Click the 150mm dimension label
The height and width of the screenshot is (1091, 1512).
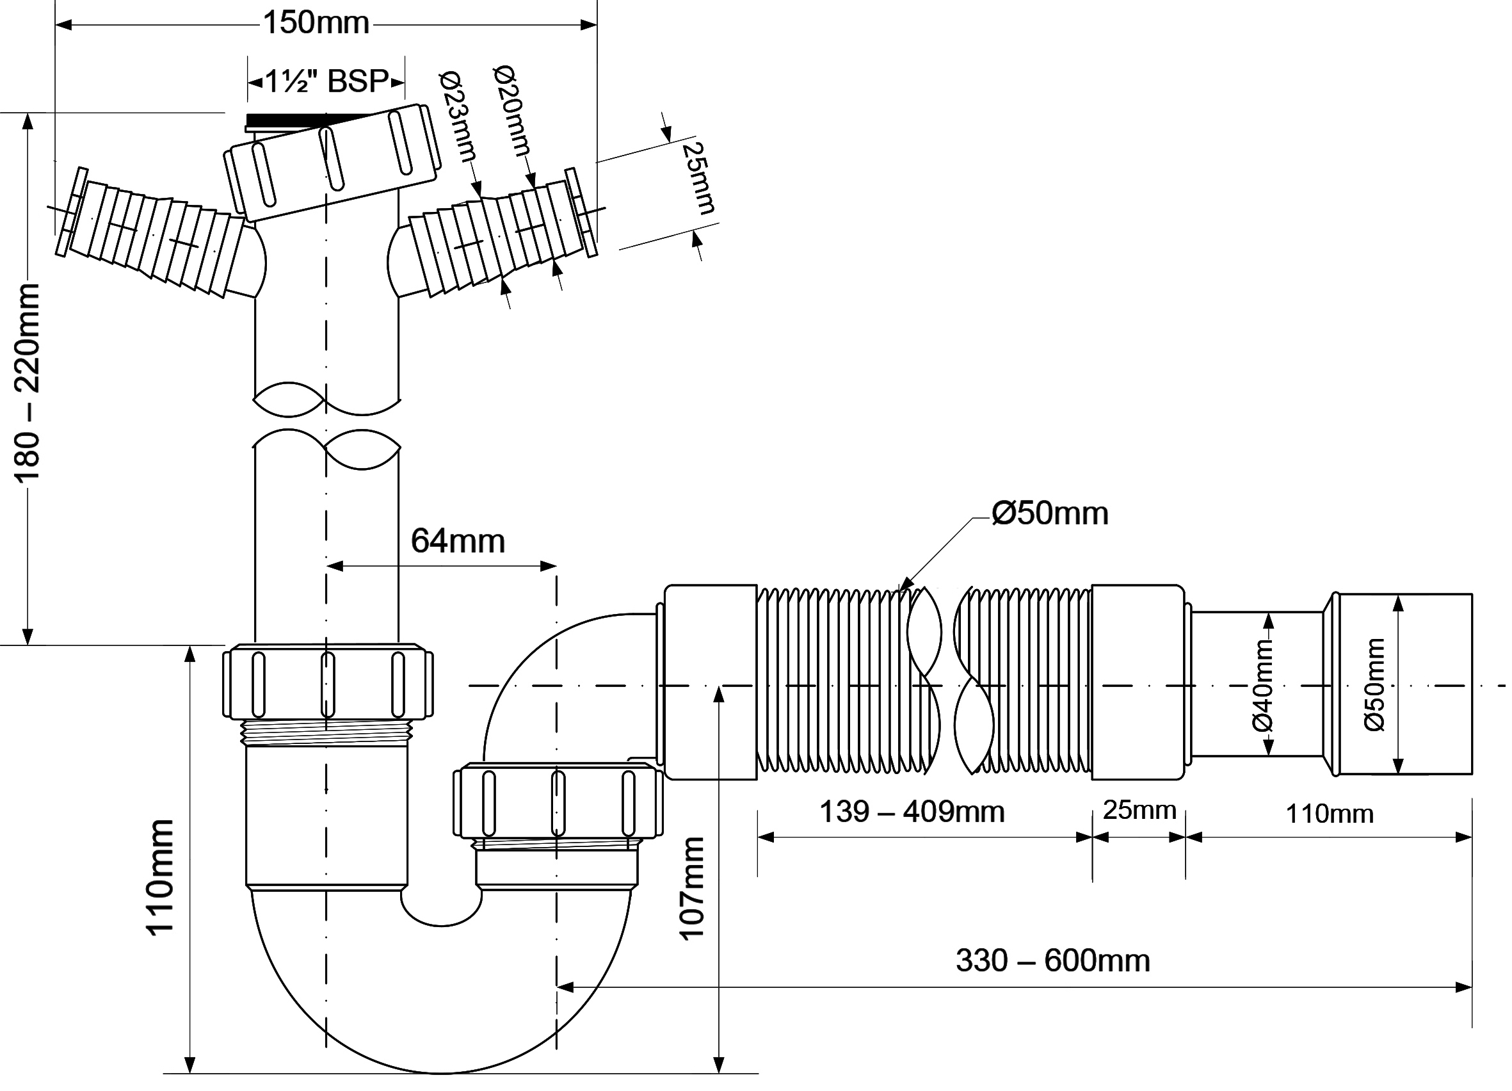316,24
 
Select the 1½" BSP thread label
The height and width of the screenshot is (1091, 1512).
326,82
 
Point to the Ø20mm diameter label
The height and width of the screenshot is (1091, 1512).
513,110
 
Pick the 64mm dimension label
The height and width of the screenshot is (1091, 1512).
457,541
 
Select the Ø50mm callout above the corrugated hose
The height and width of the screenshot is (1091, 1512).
1049,513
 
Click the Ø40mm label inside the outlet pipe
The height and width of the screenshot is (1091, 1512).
1262,685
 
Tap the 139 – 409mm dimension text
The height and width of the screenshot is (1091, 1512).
911,812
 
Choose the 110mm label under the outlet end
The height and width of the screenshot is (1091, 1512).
1330,814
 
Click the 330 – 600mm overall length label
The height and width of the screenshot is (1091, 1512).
1052,961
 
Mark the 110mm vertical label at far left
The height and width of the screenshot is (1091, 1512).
161,878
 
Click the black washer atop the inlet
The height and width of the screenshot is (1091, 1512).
293,121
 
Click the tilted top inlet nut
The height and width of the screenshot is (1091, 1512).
332,163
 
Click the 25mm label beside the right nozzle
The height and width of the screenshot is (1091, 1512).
698,178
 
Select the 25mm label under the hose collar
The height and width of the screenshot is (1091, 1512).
1139,811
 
